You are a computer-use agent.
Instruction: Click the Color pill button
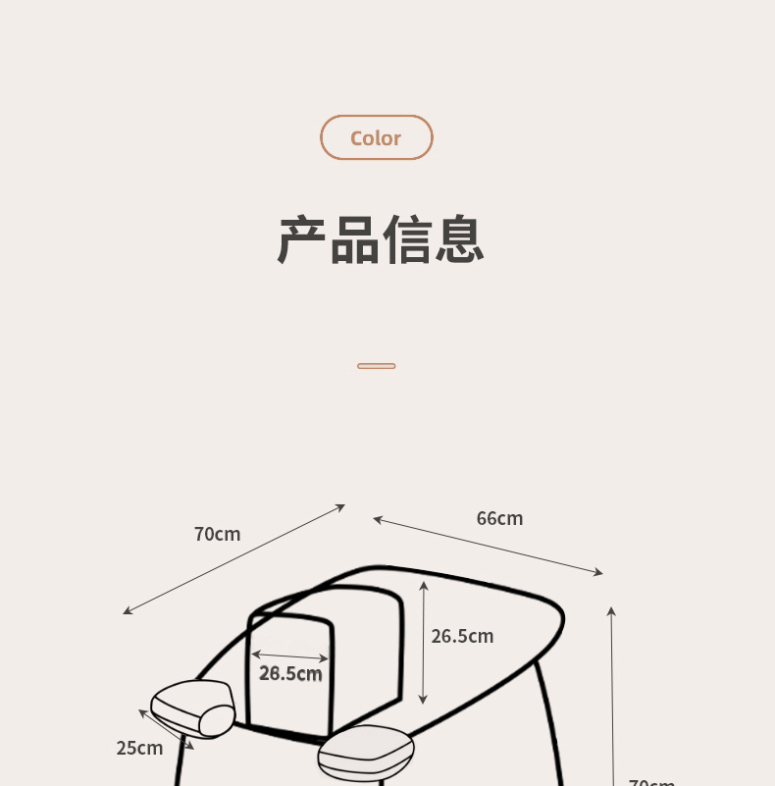click(376, 137)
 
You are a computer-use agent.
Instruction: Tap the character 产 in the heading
click(302, 240)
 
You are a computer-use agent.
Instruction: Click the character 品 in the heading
click(354, 240)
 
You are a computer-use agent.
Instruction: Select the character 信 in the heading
click(407, 240)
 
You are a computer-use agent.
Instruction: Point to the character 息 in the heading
click(459, 240)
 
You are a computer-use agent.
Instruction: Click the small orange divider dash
click(376, 366)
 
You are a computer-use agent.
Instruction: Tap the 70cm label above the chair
click(217, 534)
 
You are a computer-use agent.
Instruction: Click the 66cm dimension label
click(499, 518)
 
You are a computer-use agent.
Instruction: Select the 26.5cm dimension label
click(462, 636)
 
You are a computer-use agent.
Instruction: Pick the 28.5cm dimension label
click(290, 673)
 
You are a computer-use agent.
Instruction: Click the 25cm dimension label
click(139, 748)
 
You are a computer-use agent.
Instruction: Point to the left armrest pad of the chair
click(194, 707)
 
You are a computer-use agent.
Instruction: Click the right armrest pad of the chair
click(366, 751)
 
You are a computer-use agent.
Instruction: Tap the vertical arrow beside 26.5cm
click(423, 642)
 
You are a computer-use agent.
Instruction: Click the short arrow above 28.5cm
click(289, 655)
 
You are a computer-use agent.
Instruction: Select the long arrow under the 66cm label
click(488, 546)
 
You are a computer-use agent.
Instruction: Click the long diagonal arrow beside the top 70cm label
click(233, 559)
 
